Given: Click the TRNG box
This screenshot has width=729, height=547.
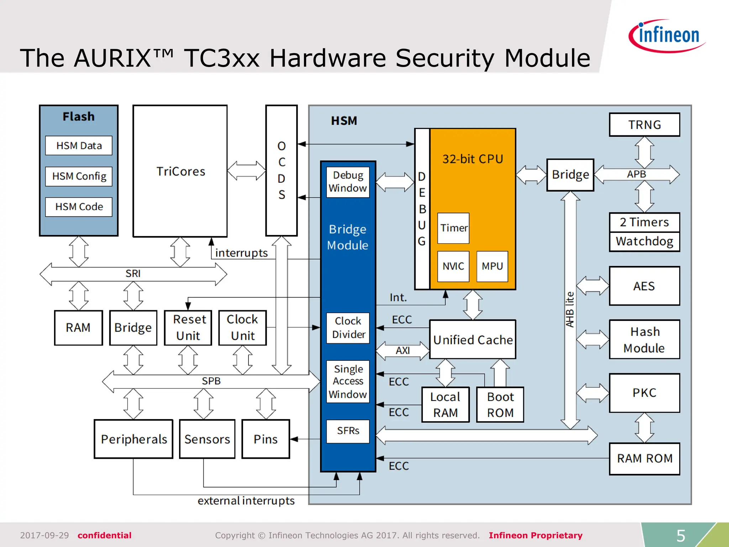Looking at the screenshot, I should [644, 125].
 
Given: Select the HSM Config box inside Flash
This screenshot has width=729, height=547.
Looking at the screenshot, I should [79, 176].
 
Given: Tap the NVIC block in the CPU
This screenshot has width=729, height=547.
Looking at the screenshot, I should [453, 266].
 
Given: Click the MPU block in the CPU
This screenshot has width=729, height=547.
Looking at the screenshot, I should [492, 266].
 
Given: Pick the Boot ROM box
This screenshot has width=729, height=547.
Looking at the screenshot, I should [500, 405].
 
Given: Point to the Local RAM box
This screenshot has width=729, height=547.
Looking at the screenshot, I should [445, 405].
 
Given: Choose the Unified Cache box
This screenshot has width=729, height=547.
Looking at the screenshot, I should [472, 339].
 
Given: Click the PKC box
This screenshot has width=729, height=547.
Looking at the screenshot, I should [644, 392].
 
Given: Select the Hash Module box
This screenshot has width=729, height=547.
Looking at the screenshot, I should [644, 339].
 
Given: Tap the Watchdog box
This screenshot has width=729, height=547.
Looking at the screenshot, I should [644, 242].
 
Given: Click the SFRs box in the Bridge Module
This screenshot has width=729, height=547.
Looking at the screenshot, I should [348, 431].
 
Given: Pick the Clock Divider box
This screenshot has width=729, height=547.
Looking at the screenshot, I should [348, 328].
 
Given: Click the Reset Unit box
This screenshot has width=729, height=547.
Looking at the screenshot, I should [188, 328].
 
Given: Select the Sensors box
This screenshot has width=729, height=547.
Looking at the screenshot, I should [207, 439].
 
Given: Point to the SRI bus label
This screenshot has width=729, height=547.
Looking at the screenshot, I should [133, 273].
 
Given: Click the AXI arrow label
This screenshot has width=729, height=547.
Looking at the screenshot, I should [403, 351].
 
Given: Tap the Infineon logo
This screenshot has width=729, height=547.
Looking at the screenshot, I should [667, 36].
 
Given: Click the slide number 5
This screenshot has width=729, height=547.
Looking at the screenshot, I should [681, 536].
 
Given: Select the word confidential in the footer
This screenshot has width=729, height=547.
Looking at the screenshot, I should [104, 535].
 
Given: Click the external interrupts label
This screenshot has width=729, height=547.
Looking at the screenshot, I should [246, 501].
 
